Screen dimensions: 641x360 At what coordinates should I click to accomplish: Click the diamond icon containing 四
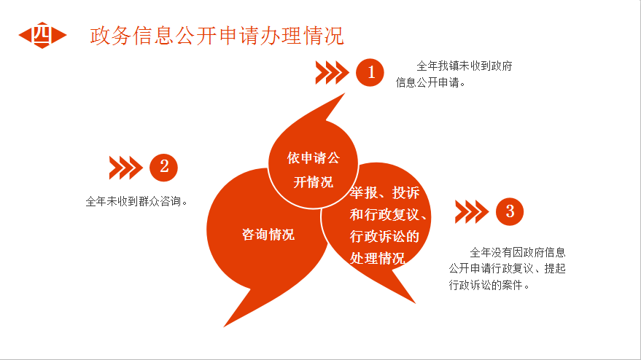pyautogui.click(x=42, y=35)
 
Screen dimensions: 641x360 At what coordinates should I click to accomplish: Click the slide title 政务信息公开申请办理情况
pyautogui.click(x=217, y=36)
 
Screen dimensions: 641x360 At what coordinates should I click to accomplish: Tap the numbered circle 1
pyautogui.click(x=370, y=72)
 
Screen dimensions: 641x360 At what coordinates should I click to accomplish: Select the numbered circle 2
pyautogui.click(x=163, y=167)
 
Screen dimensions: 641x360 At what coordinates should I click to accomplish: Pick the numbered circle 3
pyautogui.click(x=510, y=211)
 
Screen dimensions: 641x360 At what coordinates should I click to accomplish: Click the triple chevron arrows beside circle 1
pyautogui.click(x=332, y=73)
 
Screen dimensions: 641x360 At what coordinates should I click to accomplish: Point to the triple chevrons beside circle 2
pyautogui.click(x=126, y=168)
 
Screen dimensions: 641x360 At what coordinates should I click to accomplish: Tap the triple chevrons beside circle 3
pyautogui.click(x=472, y=211)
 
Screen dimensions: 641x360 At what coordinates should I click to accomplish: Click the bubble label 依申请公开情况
pyautogui.click(x=313, y=170)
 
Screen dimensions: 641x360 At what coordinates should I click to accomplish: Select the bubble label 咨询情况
pyautogui.click(x=268, y=235)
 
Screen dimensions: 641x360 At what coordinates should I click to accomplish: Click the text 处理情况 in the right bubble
pyautogui.click(x=378, y=258)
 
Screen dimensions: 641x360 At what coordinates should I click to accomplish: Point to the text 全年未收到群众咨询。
pyautogui.click(x=137, y=201)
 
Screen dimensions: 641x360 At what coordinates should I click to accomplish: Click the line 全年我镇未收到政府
pyautogui.click(x=465, y=66)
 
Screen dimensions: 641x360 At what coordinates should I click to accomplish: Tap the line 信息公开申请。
pyautogui.click(x=431, y=82)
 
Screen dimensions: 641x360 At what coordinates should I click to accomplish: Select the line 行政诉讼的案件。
pyautogui.click(x=489, y=285)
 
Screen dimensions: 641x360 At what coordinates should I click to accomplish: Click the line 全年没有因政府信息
pyautogui.click(x=518, y=252)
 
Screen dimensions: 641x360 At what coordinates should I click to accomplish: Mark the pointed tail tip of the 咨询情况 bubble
pyautogui.click(x=224, y=326)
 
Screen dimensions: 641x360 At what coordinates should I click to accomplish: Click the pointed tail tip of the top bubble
pyautogui.click(x=345, y=93)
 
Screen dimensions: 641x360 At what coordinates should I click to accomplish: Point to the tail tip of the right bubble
pyautogui.click(x=416, y=303)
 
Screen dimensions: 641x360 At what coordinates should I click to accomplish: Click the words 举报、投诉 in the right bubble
pyautogui.click(x=385, y=192)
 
